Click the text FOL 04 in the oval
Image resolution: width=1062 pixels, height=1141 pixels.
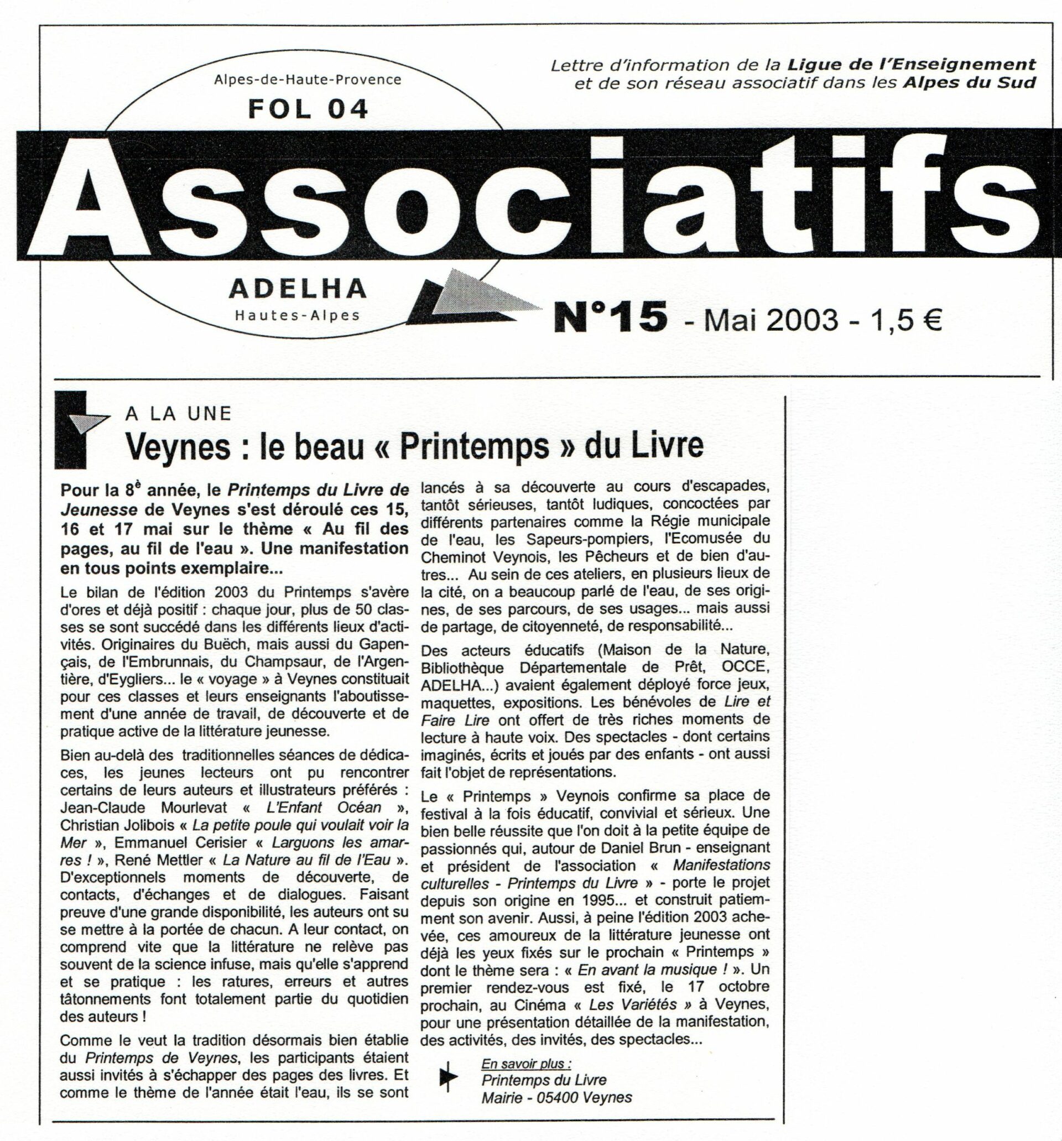[x=308, y=108]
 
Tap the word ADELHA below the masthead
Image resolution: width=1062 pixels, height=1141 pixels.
[x=298, y=289]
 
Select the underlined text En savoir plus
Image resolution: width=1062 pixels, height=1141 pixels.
[x=527, y=1064]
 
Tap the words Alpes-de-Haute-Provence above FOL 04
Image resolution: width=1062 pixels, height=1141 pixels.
[x=308, y=79]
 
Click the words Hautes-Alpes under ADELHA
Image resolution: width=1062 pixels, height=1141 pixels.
[x=298, y=315]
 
